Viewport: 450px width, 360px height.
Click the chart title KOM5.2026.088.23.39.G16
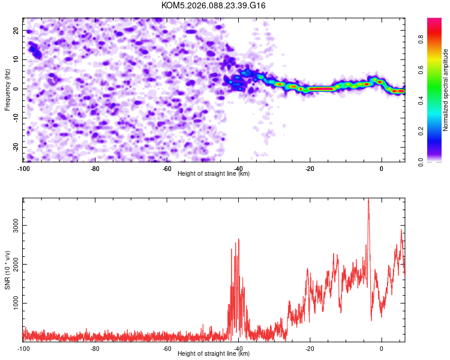tap(214, 5)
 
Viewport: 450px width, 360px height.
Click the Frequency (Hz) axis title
tap(7, 88)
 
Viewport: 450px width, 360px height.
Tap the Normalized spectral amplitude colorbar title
tap(446, 91)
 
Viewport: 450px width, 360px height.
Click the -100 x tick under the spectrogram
tap(23, 169)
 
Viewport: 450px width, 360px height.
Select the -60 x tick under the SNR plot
tap(167, 349)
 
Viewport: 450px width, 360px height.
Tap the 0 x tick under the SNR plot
tap(382, 349)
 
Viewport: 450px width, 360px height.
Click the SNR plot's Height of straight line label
tap(214, 353)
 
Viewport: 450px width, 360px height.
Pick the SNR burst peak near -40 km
tap(239, 239)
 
